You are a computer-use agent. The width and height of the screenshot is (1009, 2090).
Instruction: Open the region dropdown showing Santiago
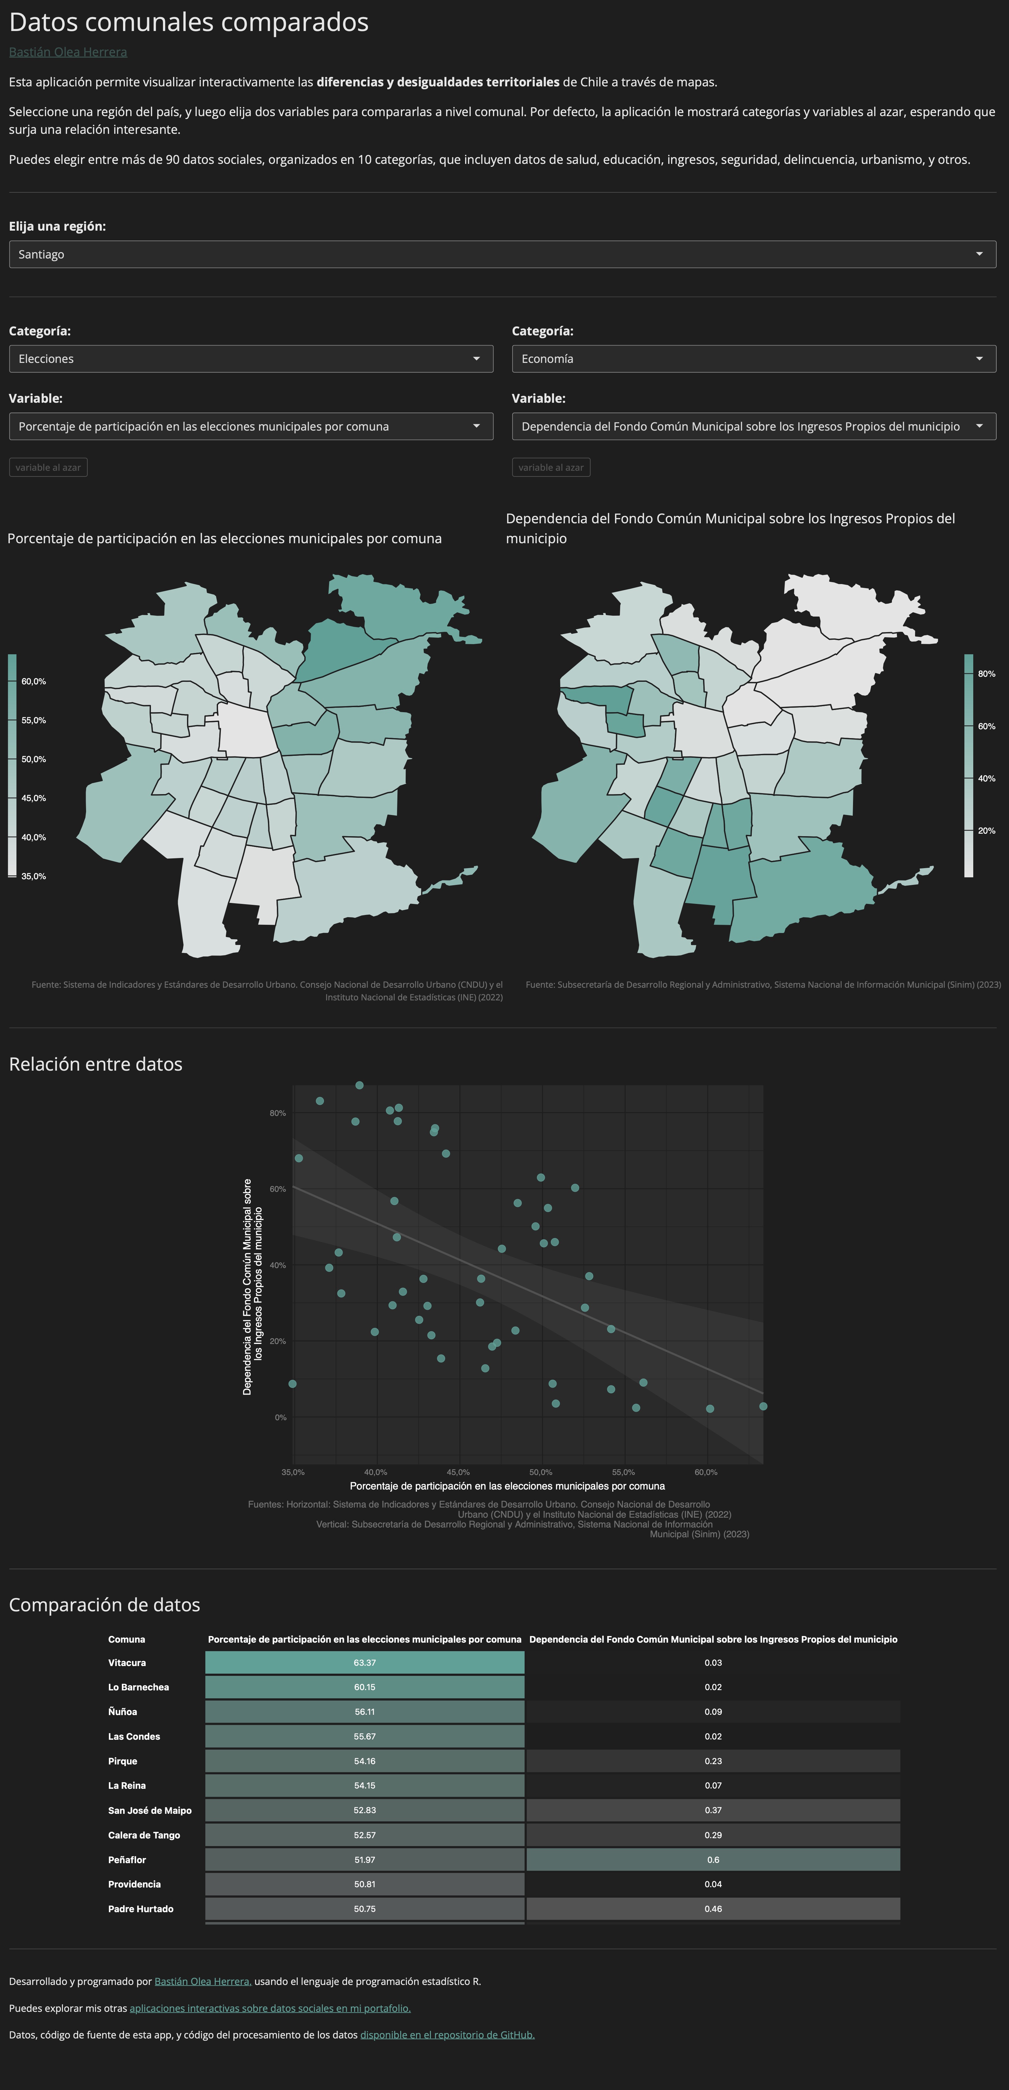click(x=502, y=254)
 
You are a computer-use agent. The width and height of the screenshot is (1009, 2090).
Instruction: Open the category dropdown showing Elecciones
click(x=251, y=358)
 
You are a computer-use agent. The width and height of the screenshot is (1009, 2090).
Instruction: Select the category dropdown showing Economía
click(x=753, y=358)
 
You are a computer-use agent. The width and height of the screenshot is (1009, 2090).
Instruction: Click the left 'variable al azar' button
click(x=48, y=467)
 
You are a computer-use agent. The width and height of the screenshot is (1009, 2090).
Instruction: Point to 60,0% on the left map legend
click(x=33, y=681)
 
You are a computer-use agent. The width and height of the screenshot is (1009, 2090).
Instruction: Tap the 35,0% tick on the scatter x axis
click(x=293, y=1472)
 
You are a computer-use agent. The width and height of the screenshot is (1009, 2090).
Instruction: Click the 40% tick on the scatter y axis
click(x=277, y=1265)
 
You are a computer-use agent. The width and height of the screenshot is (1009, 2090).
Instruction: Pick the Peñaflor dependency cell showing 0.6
click(x=713, y=1860)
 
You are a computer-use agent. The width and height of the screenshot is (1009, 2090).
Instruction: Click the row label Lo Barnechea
click(x=139, y=1687)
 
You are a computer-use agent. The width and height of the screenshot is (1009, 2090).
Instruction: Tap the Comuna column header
click(x=127, y=1639)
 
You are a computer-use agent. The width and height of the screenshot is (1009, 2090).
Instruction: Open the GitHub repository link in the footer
click(x=447, y=2035)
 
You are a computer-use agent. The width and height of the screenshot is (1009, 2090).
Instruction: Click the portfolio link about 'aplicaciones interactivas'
click(x=270, y=2008)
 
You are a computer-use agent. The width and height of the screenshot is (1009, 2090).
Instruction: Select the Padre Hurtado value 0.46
click(x=713, y=1908)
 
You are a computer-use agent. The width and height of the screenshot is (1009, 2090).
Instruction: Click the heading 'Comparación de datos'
click(x=105, y=1605)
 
